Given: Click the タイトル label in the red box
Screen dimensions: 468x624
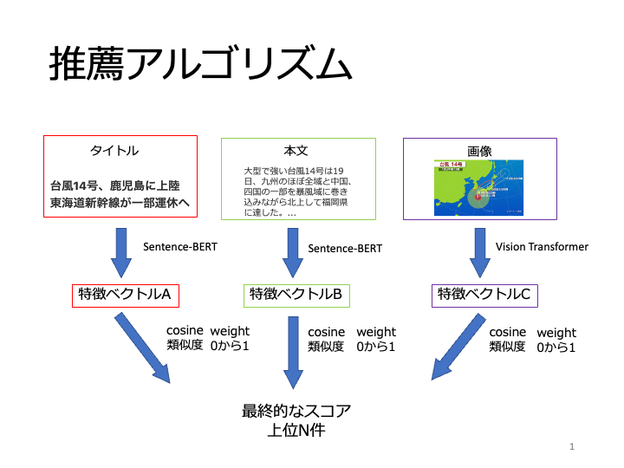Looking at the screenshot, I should tap(114, 151).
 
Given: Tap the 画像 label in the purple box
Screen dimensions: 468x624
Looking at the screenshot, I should tap(479, 151).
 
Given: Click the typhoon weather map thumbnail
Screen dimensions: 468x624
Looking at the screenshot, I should tap(479, 187).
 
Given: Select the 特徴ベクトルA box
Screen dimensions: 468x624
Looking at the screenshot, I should tap(125, 295).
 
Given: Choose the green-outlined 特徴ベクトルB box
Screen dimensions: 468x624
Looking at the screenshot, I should tap(296, 295).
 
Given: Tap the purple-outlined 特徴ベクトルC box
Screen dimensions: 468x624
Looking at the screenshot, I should tap(484, 295).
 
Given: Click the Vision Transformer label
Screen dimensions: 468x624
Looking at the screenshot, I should tap(542, 247).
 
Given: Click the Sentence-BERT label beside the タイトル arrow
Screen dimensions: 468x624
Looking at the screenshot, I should tap(180, 247).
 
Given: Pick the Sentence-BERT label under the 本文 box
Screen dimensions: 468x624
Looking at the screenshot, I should tap(345, 249).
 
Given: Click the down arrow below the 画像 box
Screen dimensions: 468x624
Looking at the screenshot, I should tap(479, 252).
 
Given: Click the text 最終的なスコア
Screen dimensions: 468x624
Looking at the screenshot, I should tap(296, 410).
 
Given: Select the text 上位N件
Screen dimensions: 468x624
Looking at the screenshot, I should tap(296, 430).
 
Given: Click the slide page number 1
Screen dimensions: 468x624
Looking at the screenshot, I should tap(573, 446).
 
